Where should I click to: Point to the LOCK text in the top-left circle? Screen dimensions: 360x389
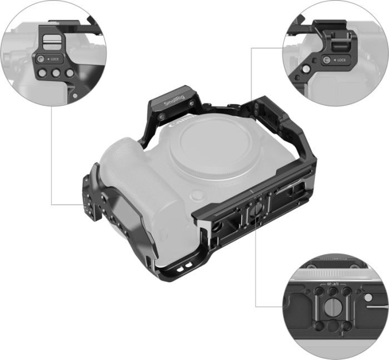click(x=58, y=59)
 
